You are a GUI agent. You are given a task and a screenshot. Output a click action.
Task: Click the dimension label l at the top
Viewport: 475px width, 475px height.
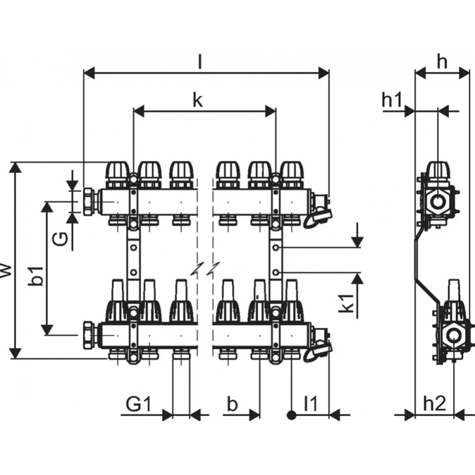200,60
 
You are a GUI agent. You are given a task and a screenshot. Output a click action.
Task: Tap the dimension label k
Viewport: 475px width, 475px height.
198,100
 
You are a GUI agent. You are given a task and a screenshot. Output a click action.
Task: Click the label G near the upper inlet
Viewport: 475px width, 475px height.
59,239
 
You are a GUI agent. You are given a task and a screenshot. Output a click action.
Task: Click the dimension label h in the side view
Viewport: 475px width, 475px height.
442,60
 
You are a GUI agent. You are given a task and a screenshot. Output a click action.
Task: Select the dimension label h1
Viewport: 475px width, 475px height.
392,100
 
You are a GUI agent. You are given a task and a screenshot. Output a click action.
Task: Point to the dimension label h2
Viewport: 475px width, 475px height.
434,404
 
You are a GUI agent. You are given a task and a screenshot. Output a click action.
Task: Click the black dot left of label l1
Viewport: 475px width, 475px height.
292,414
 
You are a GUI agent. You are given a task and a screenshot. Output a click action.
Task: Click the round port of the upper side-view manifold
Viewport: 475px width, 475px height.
439,201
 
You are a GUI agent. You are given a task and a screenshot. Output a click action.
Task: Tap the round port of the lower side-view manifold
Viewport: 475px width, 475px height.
455,335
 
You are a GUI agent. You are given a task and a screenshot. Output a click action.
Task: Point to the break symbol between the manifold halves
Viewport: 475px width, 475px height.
205,268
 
